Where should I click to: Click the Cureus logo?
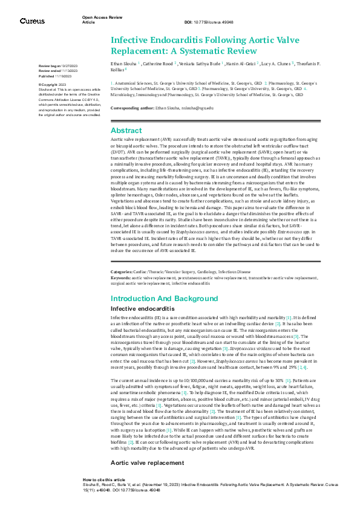click(x=32, y=21)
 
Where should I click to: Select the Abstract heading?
click(x=126, y=130)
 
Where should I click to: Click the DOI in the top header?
click(x=212, y=23)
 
